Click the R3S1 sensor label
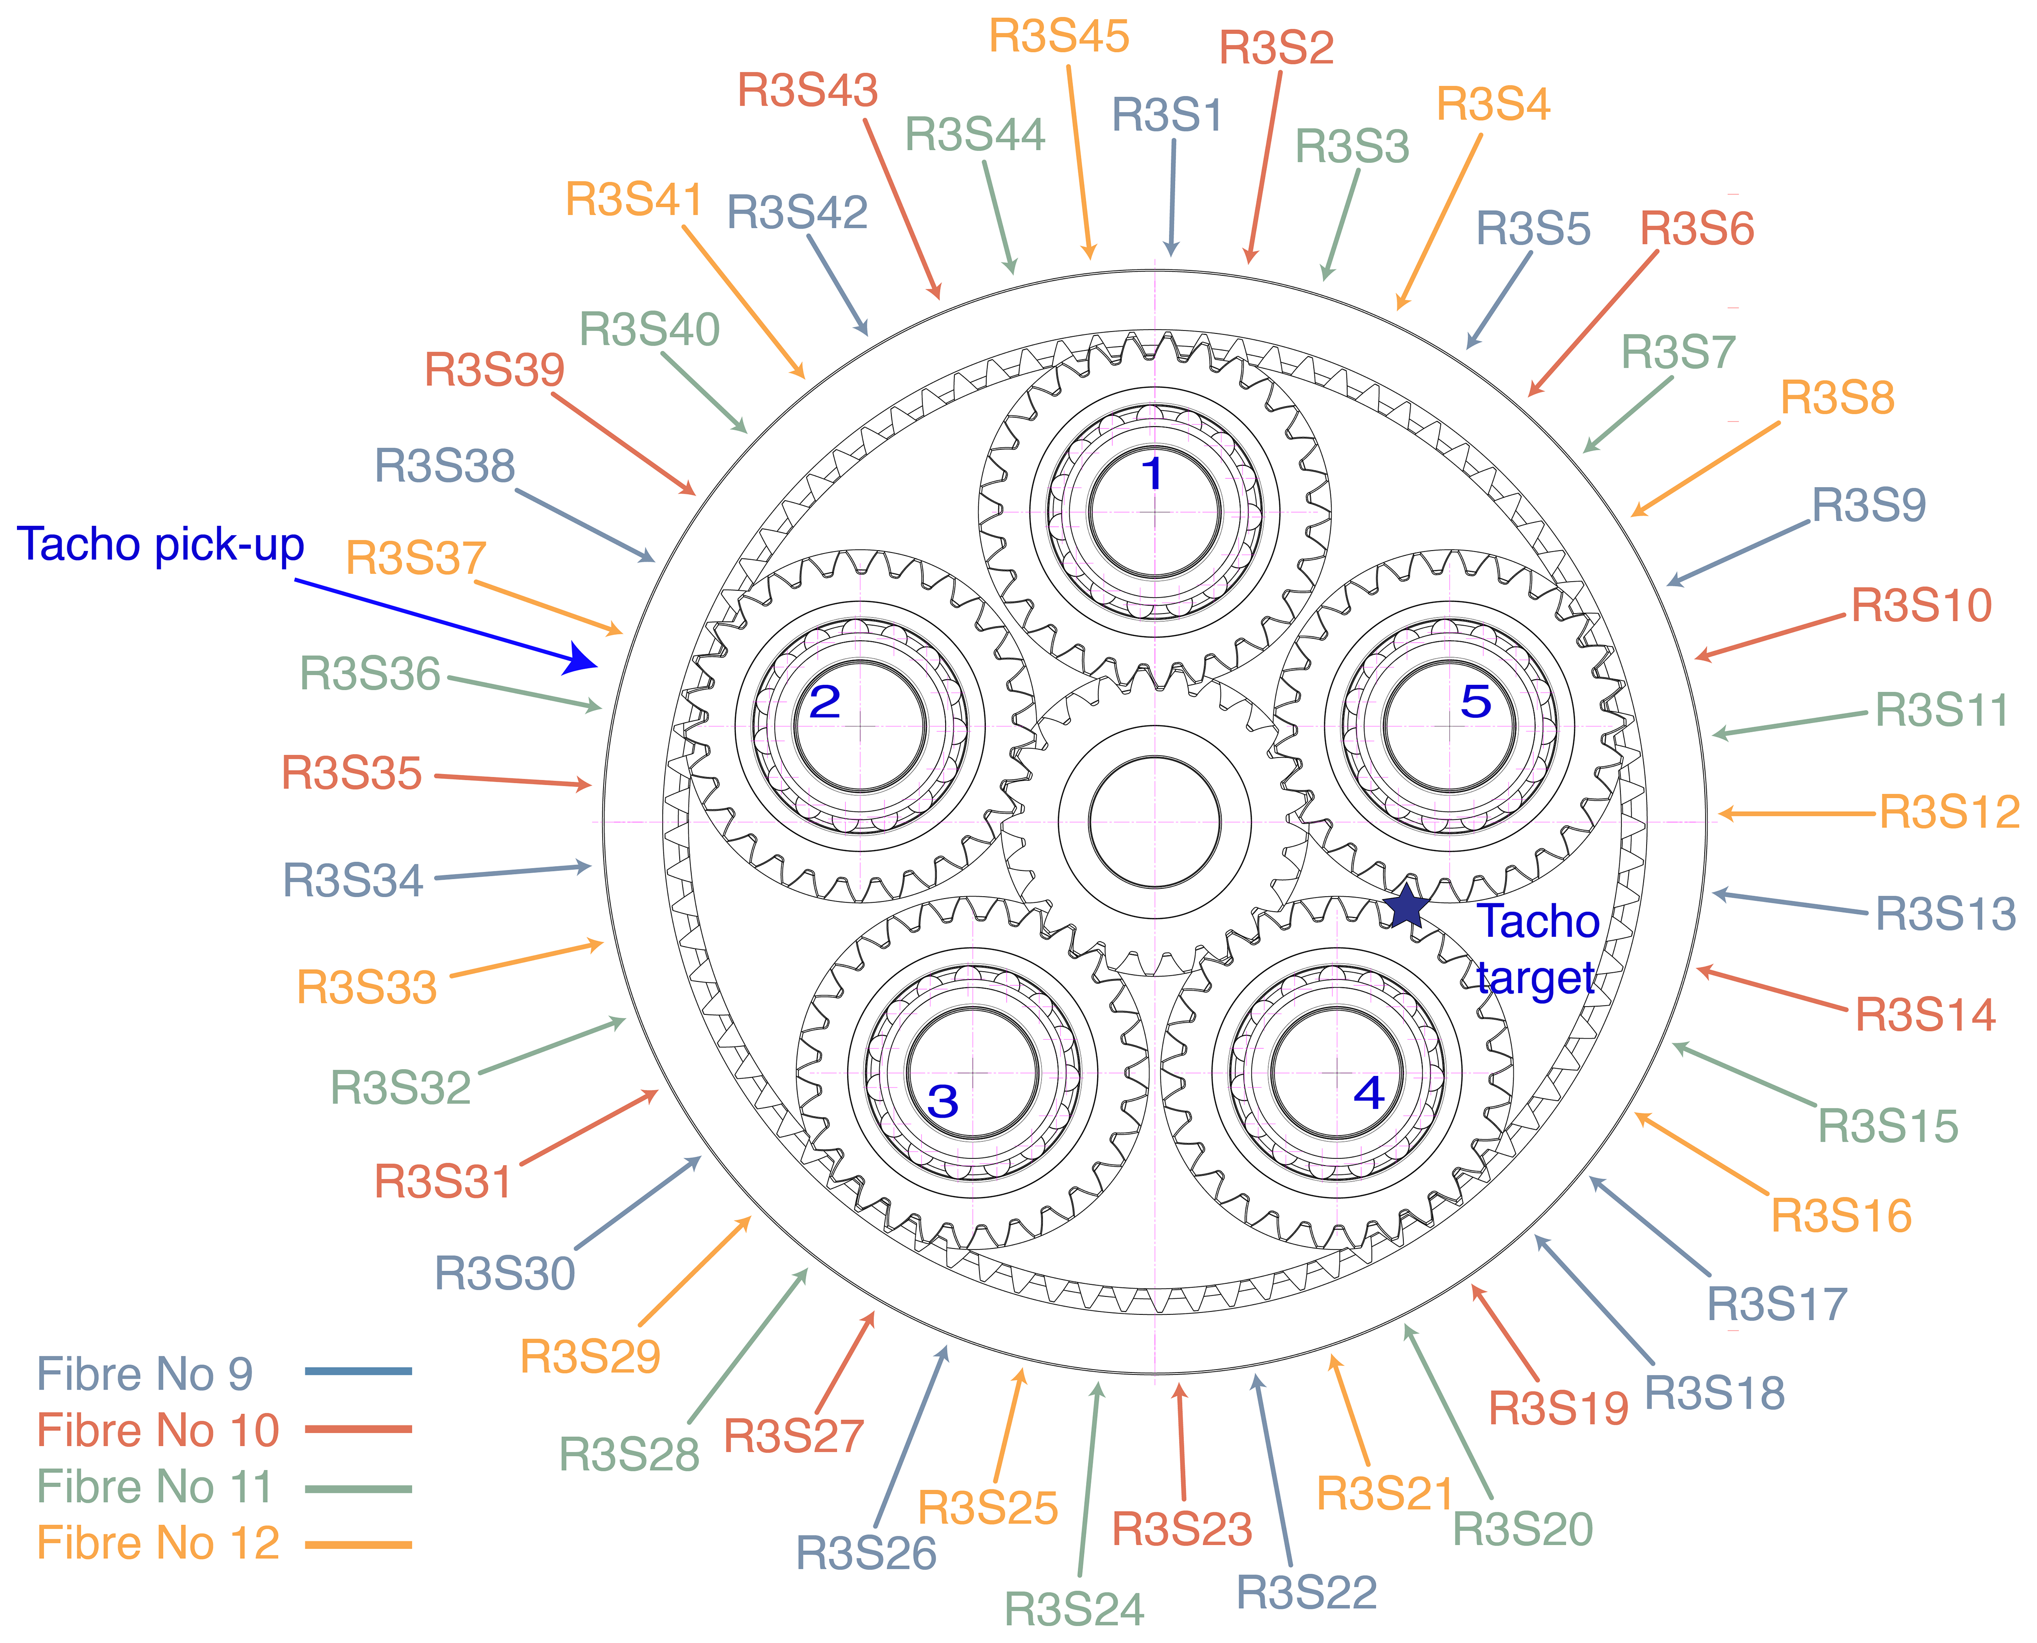[x=1167, y=115]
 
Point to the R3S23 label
[x=1182, y=1530]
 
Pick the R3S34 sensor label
[x=353, y=880]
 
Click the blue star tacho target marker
[x=1407, y=907]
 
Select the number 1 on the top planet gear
[x=1151, y=473]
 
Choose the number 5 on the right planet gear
[x=1476, y=701]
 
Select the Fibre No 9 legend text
[x=145, y=1373]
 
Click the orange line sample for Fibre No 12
[x=358, y=1545]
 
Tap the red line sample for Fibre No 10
[x=358, y=1429]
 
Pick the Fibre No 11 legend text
[x=154, y=1487]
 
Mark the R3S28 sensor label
[x=629, y=1454]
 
